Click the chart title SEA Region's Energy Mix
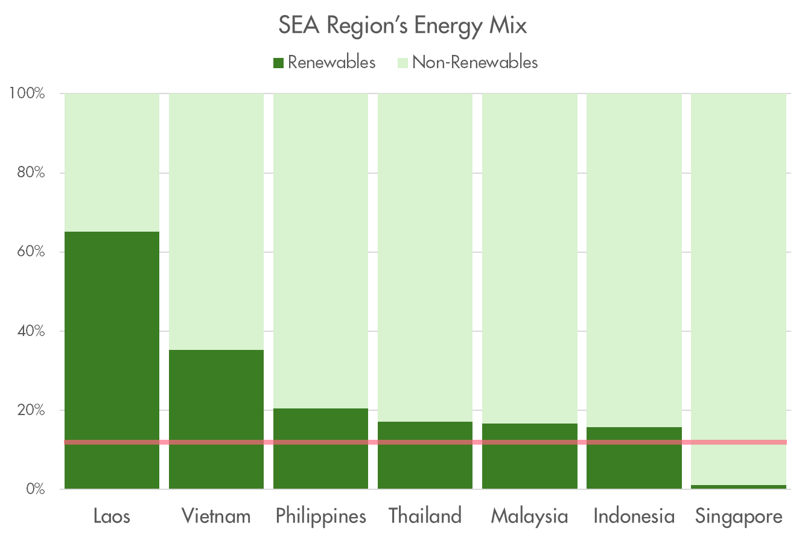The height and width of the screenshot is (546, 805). click(402, 26)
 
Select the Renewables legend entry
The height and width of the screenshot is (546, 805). click(325, 62)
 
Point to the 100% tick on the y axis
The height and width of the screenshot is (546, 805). click(27, 94)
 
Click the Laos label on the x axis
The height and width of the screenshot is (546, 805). click(112, 516)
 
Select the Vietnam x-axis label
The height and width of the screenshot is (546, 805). click(216, 516)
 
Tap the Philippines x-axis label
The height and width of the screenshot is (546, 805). click(320, 516)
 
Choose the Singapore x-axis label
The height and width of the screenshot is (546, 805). click(739, 516)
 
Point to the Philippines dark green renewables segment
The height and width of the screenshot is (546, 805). click(320, 425)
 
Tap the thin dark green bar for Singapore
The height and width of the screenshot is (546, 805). click(739, 487)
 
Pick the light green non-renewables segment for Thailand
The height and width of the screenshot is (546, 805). click(425, 253)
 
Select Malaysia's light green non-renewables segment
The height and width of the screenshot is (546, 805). click(530, 253)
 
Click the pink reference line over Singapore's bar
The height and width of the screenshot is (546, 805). click(739, 442)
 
